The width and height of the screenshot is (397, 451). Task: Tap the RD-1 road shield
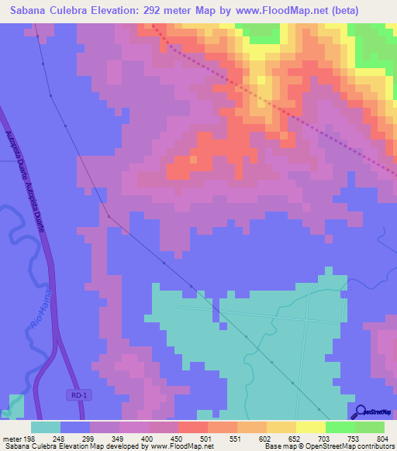click(x=75, y=395)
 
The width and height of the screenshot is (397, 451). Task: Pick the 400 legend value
click(x=148, y=438)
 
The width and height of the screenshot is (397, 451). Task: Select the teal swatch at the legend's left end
click(x=46, y=426)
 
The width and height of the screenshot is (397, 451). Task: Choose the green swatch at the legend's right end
click(x=370, y=426)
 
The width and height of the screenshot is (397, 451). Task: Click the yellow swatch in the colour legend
click(x=311, y=426)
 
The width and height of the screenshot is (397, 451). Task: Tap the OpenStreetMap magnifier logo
click(x=359, y=411)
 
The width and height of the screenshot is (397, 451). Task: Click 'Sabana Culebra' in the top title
click(x=46, y=10)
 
